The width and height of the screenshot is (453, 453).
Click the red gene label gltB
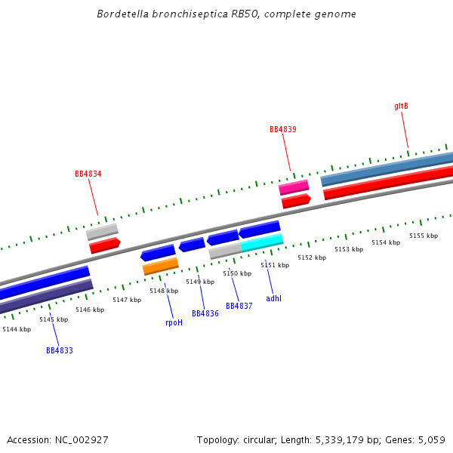point(401,106)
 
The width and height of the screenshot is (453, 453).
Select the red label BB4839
point(283,130)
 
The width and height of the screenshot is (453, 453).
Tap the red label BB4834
point(88,174)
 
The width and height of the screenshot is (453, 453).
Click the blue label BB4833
point(60,351)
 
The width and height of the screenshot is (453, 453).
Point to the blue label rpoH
point(174,323)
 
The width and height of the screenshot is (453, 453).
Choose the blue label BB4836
point(205,314)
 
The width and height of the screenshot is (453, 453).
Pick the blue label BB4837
point(239,307)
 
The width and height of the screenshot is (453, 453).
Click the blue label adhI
point(273,299)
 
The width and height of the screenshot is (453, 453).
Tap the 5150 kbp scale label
point(237,274)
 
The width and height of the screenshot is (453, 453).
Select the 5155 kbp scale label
point(424,236)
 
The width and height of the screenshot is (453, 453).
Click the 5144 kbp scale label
point(17,329)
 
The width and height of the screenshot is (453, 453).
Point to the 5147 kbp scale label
point(127,300)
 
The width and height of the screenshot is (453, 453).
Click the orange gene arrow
point(160,267)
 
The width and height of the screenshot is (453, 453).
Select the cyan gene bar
point(262,242)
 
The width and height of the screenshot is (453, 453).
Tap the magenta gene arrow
point(294,187)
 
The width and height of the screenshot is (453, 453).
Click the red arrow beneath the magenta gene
point(296,201)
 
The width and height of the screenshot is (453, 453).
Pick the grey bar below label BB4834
point(102,232)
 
